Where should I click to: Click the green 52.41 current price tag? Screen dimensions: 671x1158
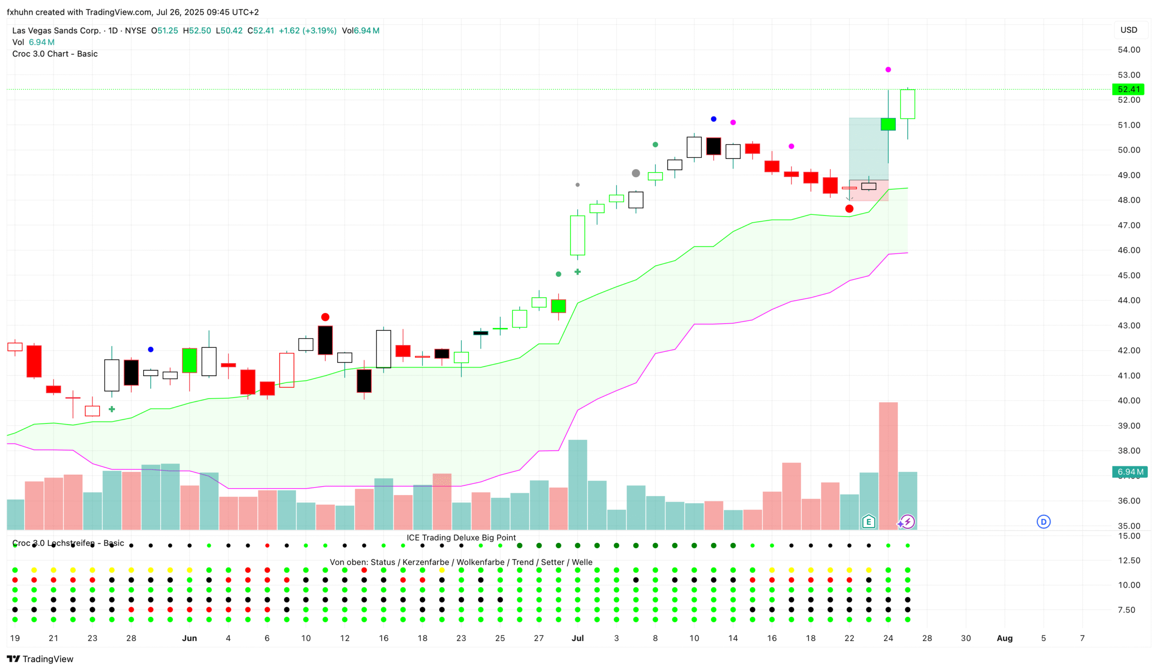pyautogui.click(x=1128, y=89)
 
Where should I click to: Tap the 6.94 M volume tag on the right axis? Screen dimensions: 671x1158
pyautogui.click(x=1129, y=472)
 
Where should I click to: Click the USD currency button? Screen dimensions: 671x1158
pyautogui.click(x=1128, y=30)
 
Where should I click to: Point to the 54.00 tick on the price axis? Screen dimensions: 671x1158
pyautogui.click(x=1128, y=50)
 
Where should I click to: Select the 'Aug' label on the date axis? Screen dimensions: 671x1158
pyautogui.click(x=1004, y=638)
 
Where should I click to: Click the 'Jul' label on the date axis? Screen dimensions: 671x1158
pyautogui.click(x=578, y=638)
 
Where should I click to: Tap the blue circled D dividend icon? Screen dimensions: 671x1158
pyautogui.click(x=1043, y=522)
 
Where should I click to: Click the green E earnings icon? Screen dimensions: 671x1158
pyautogui.click(x=868, y=522)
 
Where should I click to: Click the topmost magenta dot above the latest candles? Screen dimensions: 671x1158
pyautogui.click(x=888, y=69)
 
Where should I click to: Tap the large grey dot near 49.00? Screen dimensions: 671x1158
pyautogui.click(x=636, y=173)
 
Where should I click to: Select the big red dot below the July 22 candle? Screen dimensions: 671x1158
pyautogui.click(x=849, y=209)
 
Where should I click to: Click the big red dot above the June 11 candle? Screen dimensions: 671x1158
pyautogui.click(x=325, y=317)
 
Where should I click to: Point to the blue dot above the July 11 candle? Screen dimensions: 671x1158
pyautogui.click(x=713, y=119)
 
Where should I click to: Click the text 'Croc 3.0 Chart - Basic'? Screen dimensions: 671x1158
pyautogui.click(x=55, y=54)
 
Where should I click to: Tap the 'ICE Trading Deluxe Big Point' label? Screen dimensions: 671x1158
pyautogui.click(x=461, y=538)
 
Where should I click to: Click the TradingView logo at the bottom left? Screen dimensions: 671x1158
pyautogui.click(x=40, y=659)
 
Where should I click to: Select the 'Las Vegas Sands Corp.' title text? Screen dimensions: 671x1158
pyautogui.click(x=56, y=31)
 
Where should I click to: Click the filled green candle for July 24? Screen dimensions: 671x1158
pyautogui.click(x=888, y=124)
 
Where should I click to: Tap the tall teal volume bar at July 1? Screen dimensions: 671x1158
pyautogui.click(x=578, y=484)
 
